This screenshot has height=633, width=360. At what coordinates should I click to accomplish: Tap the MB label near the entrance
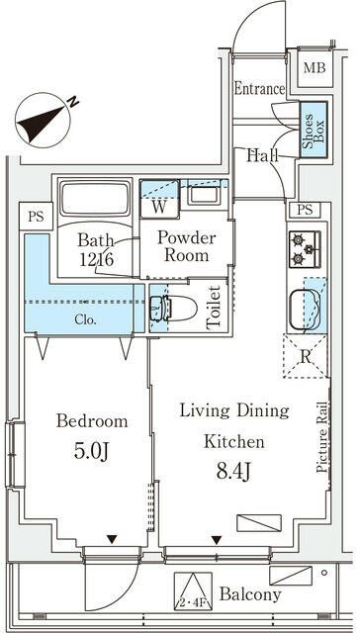315,68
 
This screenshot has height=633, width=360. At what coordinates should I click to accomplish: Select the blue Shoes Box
314,130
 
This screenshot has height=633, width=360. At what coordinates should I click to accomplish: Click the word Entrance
259,89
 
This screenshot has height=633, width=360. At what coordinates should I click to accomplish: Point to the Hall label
263,154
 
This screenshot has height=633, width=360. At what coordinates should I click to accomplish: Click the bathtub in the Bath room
95,198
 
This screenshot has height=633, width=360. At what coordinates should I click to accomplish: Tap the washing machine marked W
159,199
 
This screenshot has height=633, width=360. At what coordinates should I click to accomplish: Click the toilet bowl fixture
173,309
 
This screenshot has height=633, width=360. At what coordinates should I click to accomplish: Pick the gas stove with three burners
305,249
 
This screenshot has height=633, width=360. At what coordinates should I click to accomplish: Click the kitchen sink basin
306,309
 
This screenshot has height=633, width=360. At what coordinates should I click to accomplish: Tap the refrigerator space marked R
307,357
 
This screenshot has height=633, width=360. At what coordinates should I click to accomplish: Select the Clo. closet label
86,320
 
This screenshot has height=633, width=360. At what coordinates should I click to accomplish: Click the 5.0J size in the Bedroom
92,451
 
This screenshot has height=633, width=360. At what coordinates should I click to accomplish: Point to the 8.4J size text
234,471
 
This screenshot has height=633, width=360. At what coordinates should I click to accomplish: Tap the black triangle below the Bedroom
112,539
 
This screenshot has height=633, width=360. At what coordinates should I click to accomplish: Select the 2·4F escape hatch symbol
193,591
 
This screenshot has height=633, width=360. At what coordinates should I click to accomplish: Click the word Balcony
250,593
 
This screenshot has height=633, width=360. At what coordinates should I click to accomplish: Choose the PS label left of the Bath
36,217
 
